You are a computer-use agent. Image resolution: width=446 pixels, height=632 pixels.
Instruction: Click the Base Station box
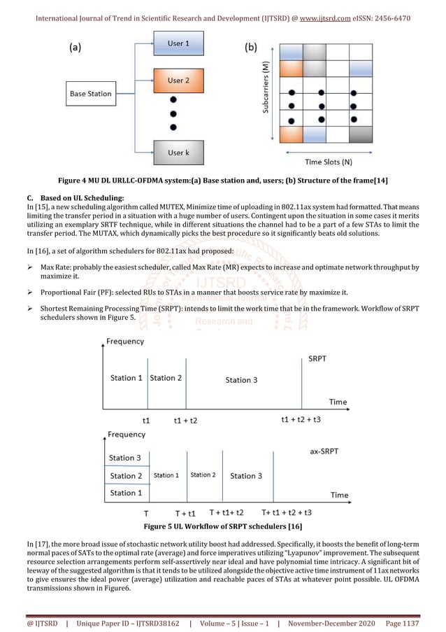[90, 94]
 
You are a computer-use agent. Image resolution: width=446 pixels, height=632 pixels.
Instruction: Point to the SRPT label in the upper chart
[316, 358]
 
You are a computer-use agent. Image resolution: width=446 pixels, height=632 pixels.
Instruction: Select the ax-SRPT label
[324, 451]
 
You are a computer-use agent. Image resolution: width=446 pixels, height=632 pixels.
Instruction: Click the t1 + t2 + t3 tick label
[301, 420]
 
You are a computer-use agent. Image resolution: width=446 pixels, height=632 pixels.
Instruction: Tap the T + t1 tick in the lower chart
[185, 513]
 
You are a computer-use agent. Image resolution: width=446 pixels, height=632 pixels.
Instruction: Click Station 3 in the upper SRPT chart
[241, 380]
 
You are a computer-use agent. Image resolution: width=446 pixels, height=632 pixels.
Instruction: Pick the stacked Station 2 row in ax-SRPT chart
[126, 476]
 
